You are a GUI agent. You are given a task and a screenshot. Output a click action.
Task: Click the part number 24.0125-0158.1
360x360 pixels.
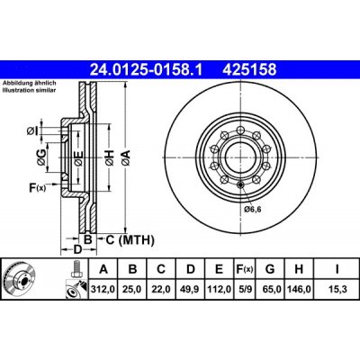(x=146, y=66)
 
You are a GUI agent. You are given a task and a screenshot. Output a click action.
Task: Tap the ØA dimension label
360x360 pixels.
(x=127, y=158)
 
